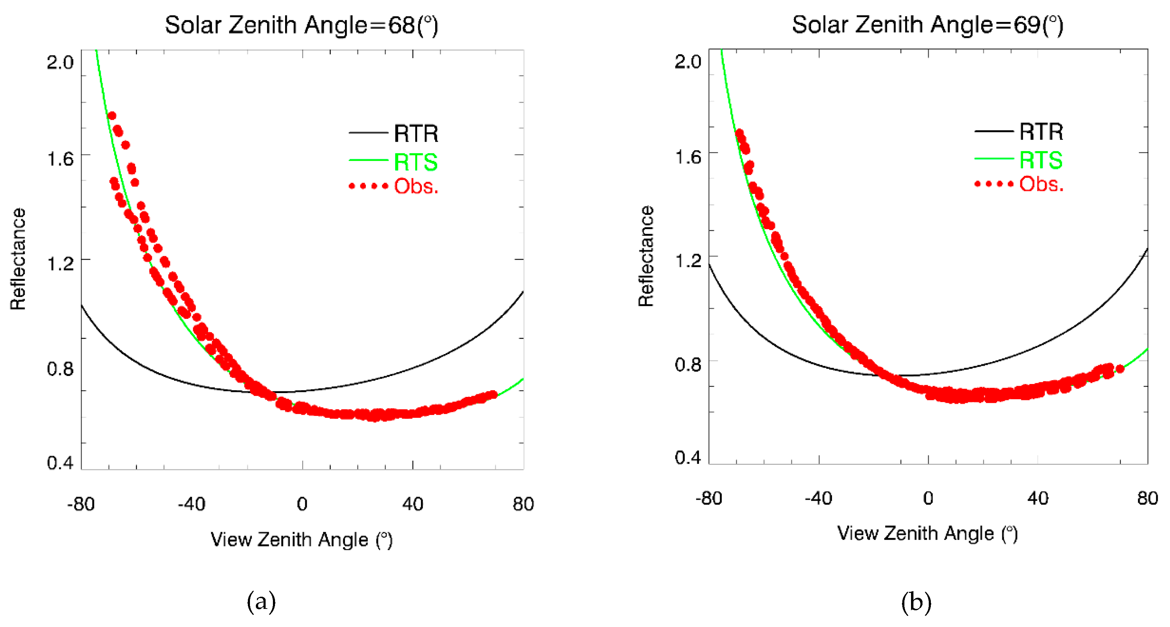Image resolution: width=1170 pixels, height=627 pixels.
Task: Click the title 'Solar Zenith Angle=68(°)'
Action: click(301, 25)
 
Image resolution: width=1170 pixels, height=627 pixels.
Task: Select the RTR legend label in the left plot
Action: click(416, 134)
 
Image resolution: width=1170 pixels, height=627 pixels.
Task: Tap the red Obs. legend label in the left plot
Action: click(416, 186)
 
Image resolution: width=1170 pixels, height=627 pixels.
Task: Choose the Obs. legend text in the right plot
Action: click(1041, 185)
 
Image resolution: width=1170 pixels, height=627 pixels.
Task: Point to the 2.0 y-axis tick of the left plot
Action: click(60, 62)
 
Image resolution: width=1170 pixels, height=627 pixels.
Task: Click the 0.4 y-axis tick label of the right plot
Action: click(688, 457)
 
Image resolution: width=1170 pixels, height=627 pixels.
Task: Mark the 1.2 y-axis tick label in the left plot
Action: click(60, 264)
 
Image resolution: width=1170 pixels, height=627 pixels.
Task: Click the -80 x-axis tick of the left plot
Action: click(81, 504)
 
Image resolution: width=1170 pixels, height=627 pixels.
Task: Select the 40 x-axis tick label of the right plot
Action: click(1038, 499)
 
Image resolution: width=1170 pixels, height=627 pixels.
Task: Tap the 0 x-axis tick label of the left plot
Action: click(302, 504)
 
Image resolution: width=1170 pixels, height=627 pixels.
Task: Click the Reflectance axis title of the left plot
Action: click(18, 259)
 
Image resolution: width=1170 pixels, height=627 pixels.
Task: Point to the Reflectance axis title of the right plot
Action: click(646, 256)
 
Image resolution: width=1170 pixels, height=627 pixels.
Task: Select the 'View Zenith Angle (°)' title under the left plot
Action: click(301, 540)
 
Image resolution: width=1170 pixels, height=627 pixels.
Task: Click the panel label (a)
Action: click(261, 602)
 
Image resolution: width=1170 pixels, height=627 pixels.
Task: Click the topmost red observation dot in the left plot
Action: click(112, 116)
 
